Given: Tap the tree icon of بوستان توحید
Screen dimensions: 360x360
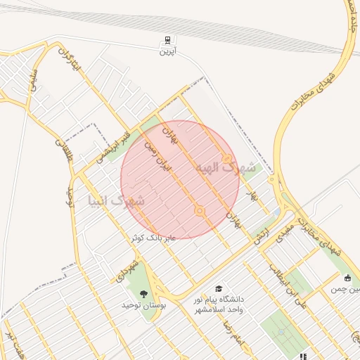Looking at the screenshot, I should pyautogui.click(x=144, y=293).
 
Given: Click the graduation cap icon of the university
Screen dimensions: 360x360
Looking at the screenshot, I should pyautogui.click(x=219, y=289).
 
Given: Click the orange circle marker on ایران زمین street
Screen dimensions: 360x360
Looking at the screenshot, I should pyautogui.click(x=200, y=211).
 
